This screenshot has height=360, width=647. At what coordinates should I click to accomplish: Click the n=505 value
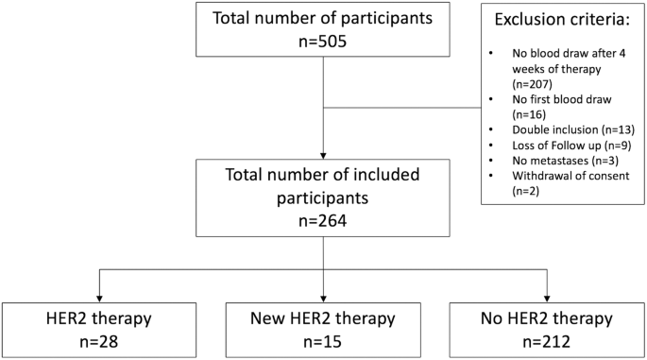[x=323, y=43]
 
